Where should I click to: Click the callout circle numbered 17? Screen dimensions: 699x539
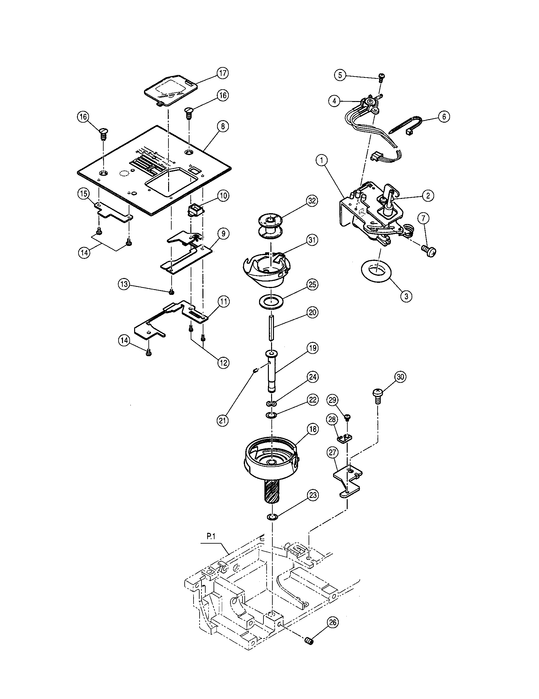point(222,73)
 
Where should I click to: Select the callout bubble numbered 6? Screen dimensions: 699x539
point(444,117)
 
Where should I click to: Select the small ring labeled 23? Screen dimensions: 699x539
point(271,517)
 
